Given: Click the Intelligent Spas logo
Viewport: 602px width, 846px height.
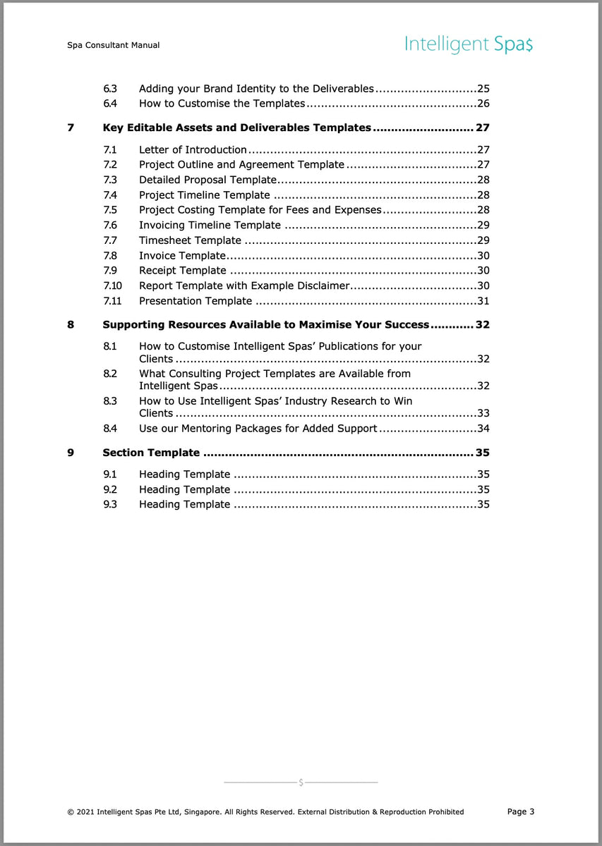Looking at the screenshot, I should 469,45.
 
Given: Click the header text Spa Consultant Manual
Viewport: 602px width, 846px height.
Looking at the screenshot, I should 113,45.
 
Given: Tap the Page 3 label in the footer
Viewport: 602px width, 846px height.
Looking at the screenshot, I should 521,811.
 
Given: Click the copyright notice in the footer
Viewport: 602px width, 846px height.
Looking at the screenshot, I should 265,812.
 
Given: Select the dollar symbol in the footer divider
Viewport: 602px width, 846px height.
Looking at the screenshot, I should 301,783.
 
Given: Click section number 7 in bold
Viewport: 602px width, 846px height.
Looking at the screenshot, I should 71,128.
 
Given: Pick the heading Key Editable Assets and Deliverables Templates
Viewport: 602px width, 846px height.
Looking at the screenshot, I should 236,128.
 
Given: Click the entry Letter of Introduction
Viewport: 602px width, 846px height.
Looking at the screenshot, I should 193,149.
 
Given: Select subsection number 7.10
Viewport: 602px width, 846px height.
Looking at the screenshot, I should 112,286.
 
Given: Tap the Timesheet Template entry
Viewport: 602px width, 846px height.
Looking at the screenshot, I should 190,240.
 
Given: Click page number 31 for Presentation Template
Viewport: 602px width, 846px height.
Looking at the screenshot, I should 483,301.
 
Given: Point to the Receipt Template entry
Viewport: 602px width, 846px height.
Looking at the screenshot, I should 182,271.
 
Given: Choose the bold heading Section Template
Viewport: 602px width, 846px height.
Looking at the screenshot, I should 151,453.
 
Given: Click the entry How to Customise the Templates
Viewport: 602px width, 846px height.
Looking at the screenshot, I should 222,104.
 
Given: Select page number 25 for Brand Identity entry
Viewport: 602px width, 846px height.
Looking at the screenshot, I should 483,89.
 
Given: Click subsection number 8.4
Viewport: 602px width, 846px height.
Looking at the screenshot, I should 110,428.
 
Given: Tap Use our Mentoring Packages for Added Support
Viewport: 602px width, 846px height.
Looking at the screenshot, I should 258,428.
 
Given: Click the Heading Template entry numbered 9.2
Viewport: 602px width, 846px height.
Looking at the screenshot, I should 184,489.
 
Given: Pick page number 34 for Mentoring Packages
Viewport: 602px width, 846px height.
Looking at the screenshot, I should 483,428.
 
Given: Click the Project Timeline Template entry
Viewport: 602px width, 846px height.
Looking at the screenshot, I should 204,195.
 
